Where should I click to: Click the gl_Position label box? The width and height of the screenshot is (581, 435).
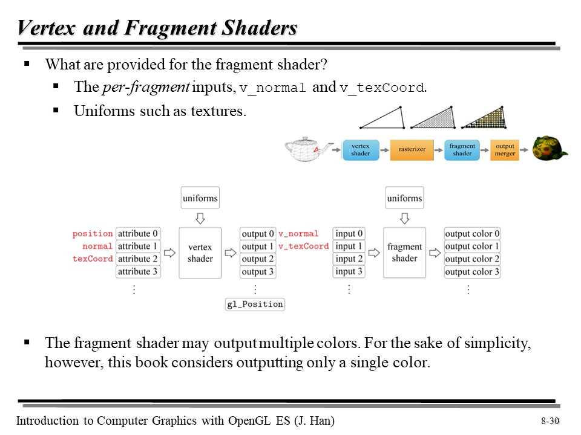coord(255,304)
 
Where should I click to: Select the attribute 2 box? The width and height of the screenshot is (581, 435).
coord(138,259)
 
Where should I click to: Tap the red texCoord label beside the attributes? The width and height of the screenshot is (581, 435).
coord(93,259)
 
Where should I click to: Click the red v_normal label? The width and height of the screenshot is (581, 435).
coord(298,234)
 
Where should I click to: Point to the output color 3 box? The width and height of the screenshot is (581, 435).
coord(472,272)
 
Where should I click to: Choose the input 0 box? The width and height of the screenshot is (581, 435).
coord(349,234)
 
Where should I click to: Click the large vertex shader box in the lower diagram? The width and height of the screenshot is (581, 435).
coord(200,253)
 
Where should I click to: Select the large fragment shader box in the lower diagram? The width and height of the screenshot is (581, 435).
coord(404,253)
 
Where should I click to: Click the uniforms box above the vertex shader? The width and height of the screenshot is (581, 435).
coord(200,198)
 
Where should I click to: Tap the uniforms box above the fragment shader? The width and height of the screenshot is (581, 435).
coord(404,198)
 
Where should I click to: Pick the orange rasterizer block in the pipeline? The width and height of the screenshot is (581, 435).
coord(412,150)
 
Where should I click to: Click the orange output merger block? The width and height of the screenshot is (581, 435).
coord(505,150)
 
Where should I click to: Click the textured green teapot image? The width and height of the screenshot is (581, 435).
coord(549,148)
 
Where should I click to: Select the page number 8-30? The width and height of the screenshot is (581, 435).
coord(550,421)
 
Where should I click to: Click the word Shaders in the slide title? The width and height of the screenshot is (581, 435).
coord(261,28)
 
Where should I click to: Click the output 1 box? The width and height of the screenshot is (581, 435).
coord(258,246)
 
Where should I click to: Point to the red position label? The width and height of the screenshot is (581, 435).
coord(93,234)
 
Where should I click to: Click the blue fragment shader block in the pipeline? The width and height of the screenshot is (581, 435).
coord(462,150)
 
